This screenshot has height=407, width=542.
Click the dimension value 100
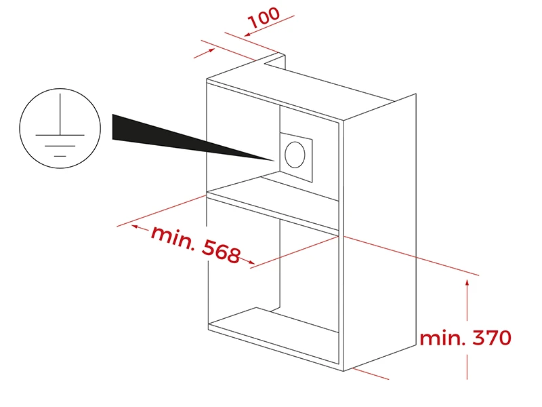click(264, 18)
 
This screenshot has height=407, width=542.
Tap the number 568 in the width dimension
click(222, 250)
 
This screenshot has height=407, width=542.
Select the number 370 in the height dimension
click(492, 337)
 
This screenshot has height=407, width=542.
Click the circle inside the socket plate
click(295, 155)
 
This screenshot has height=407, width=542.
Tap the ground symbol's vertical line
click(60, 114)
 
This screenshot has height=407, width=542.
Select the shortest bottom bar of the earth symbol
click(60, 156)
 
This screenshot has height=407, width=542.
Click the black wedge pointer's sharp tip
click(274, 161)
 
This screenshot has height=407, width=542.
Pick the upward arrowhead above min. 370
click(467, 283)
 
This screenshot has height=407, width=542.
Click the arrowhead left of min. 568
click(135, 227)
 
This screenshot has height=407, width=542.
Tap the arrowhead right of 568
click(251, 263)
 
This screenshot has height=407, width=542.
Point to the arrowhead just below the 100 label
click(247, 35)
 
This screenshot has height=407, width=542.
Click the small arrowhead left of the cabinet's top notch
click(211, 50)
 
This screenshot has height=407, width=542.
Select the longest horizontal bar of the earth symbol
click(60, 134)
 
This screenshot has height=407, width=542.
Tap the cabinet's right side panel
click(379, 232)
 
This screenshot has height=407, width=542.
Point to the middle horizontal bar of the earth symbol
click(60, 146)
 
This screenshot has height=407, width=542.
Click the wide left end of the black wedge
click(113, 127)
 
